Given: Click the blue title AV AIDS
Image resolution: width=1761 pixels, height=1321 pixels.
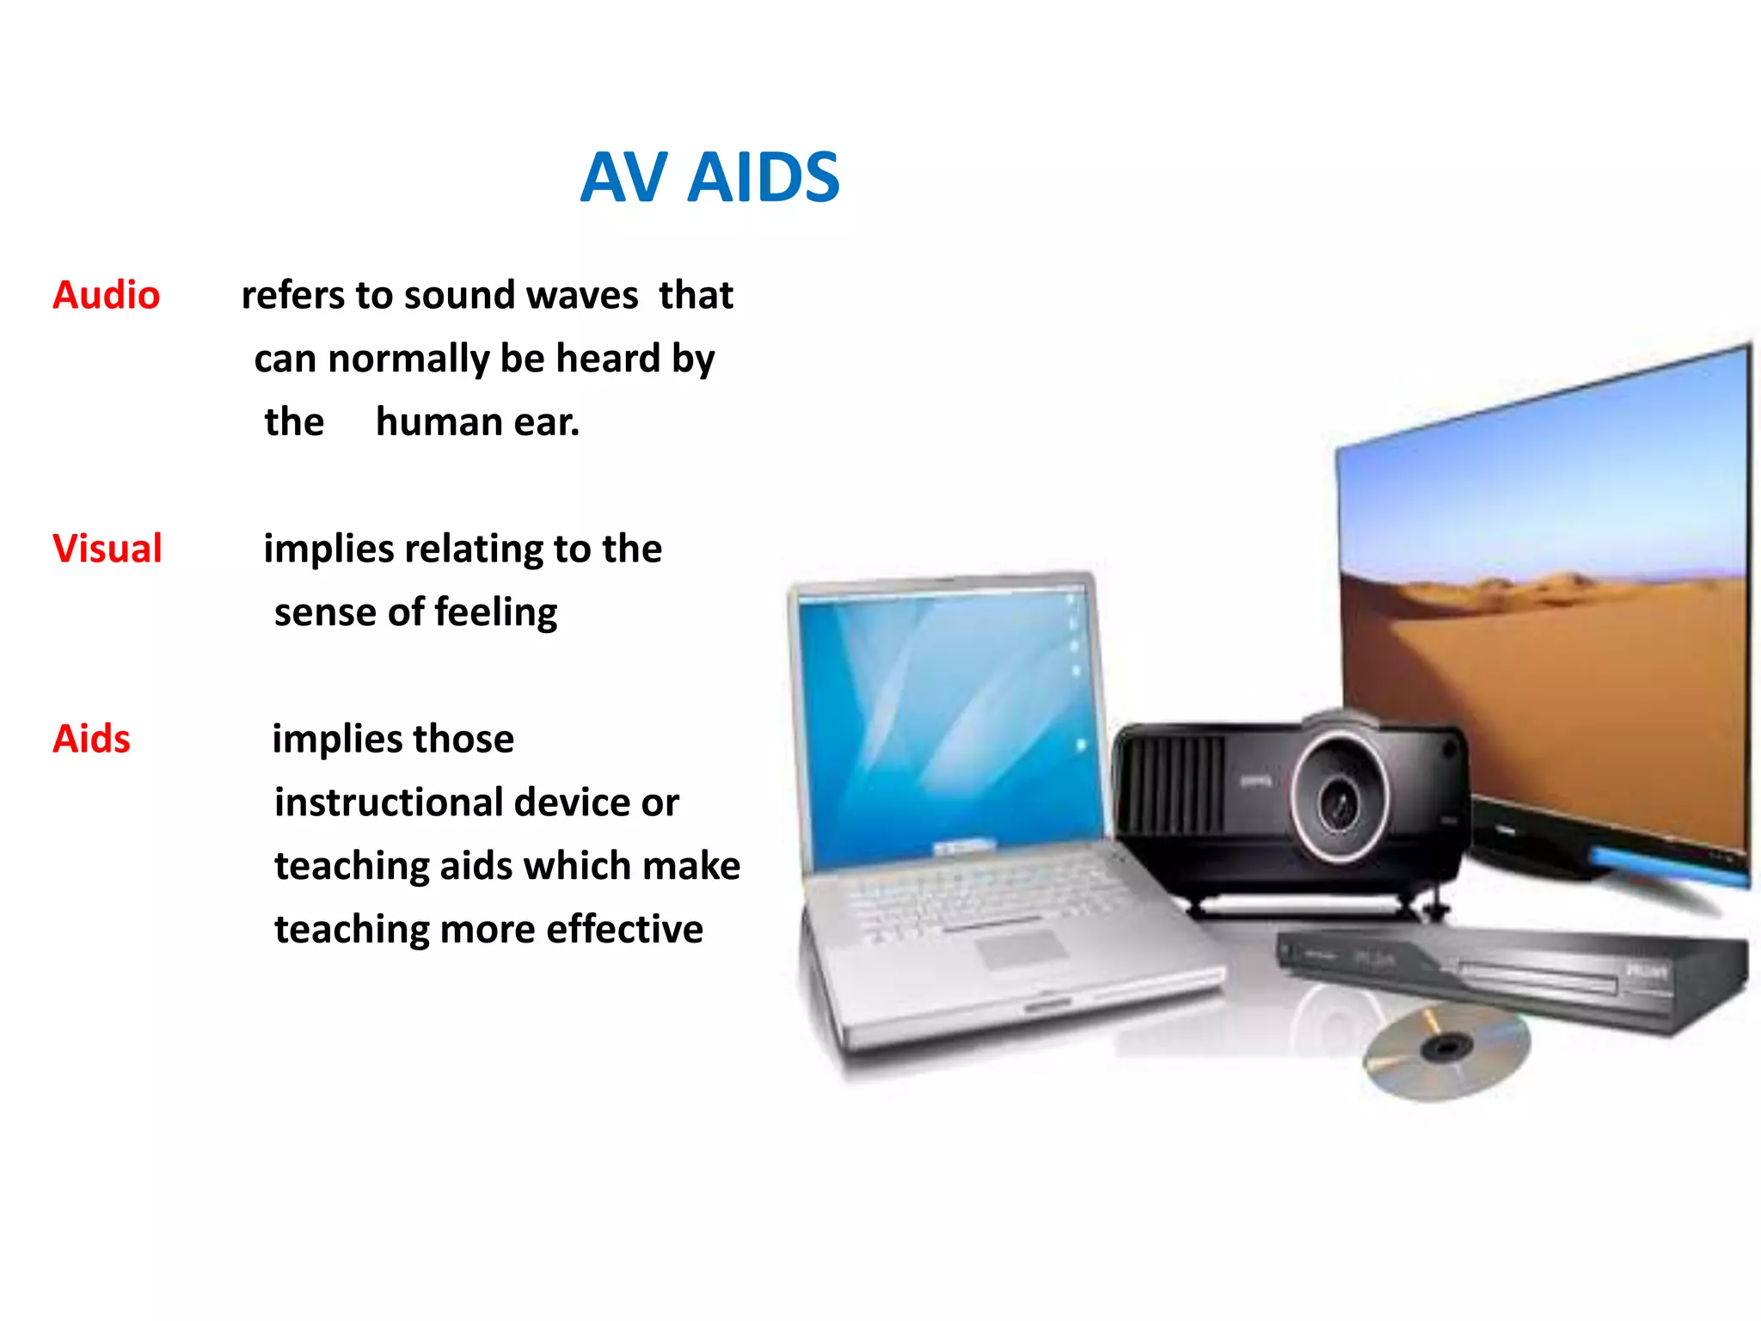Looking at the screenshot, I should pyautogui.click(x=709, y=178).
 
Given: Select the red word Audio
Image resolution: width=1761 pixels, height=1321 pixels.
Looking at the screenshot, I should pyautogui.click(x=107, y=296).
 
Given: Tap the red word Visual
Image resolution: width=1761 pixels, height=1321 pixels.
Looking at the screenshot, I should pyautogui.click(x=107, y=549).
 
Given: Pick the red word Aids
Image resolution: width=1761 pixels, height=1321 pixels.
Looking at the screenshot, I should pyautogui.click(x=92, y=739).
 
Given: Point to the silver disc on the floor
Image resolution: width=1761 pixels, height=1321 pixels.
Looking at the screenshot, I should pyautogui.click(x=1446, y=1051).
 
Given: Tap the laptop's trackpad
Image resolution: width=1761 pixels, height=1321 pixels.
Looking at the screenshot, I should pyautogui.click(x=1022, y=949).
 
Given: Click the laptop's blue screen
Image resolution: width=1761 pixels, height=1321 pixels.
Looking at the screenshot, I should pyautogui.click(x=946, y=722).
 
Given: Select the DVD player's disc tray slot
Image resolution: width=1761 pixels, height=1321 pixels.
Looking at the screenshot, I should pyautogui.click(x=1539, y=978).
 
